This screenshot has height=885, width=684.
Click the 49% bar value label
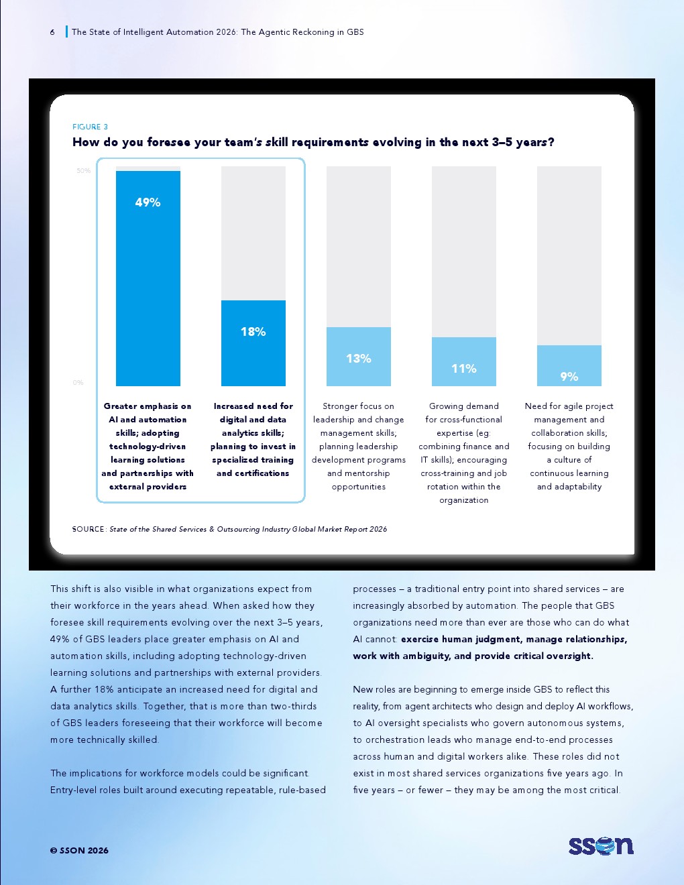point(148,202)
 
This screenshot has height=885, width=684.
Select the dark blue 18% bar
point(253,343)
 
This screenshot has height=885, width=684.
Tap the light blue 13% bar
point(359,357)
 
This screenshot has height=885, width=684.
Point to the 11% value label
point(463,369)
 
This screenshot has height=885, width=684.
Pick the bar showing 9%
point(569,365)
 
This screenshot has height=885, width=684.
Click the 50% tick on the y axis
point(84,171)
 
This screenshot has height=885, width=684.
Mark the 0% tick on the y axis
point(78,382)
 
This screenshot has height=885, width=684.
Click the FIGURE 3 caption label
point(90,127)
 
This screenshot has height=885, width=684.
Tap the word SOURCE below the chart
point(89,529)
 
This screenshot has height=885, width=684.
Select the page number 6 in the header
point(52,32)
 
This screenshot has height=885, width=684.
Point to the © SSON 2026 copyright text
point(79,850)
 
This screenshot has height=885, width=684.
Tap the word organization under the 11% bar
point(463,500)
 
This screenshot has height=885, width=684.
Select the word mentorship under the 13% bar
point(359,473)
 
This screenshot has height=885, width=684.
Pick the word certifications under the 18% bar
point(264,473)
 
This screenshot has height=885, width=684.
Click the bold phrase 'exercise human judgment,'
point(461,639)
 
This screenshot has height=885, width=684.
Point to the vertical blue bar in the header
point(66,32)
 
